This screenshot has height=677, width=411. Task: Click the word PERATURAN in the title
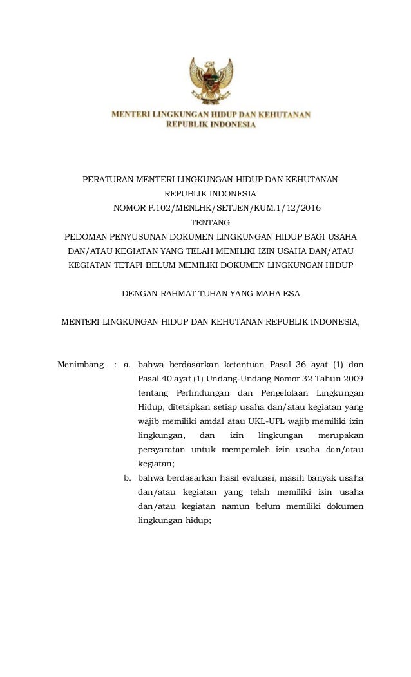pyautogui.click(x=106, y=179)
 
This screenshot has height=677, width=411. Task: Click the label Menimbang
pyautogui.click(x=81, y=365)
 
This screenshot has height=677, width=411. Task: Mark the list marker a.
pyautogui.click(x=127, y=365)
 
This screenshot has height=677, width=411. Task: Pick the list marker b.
pyautogui.click(x=128, y=478)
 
